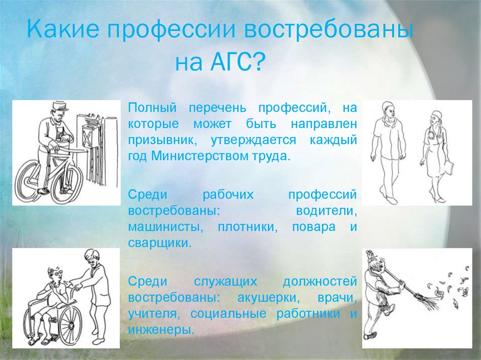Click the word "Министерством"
tap(197, 156)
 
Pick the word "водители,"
tap(326, 211)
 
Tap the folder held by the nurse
tap(449, 167)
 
